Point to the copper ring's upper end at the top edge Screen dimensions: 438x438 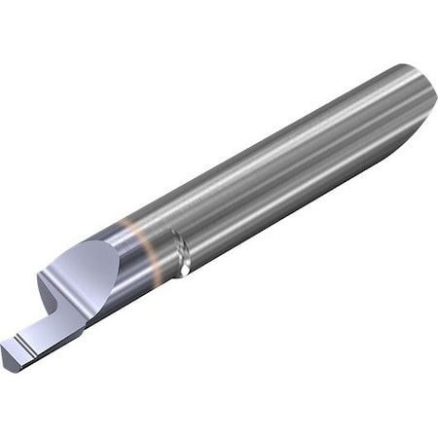(x=124, y=226)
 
